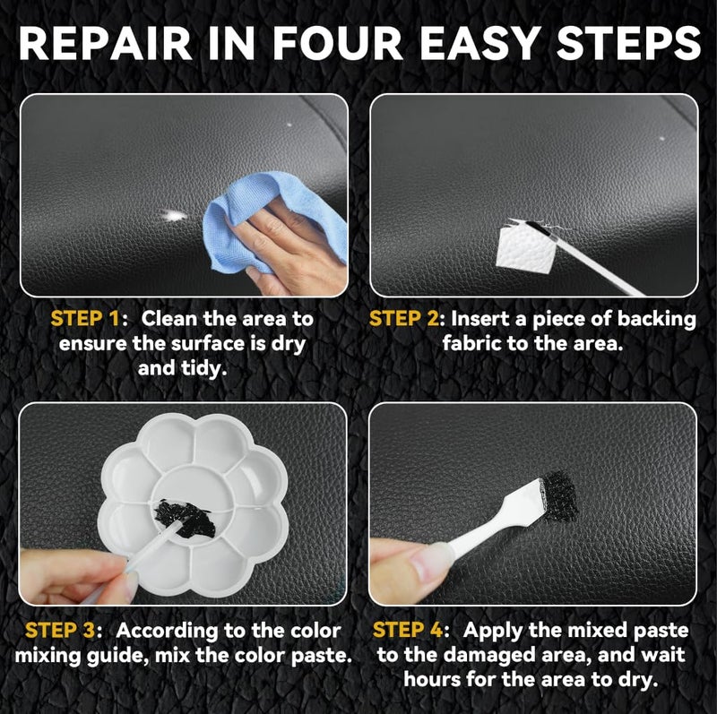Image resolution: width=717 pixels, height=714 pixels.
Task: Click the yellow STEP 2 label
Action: point(408,318)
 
